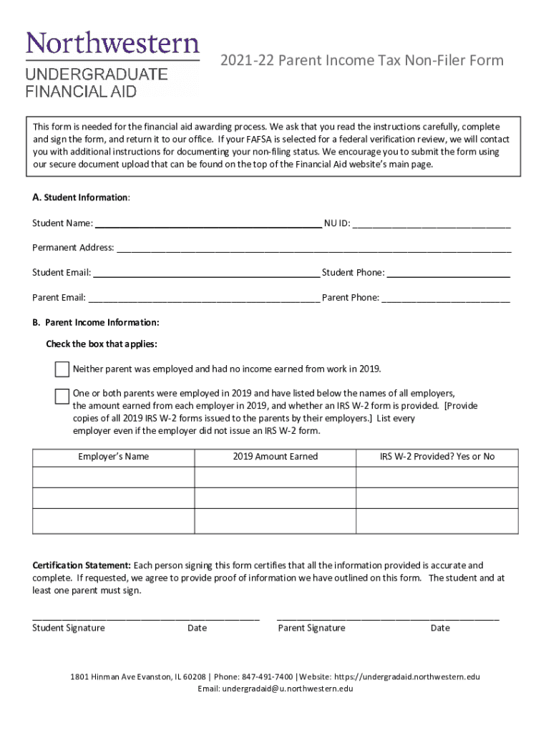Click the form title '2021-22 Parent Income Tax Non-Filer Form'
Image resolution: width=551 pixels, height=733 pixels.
point(361,60)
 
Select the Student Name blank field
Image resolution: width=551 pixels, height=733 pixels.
point(208,223)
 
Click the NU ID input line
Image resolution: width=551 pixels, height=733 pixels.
point(431,223)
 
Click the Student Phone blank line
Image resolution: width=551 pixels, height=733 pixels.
point(448,273)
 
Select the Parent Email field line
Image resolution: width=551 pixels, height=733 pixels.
point(204,298)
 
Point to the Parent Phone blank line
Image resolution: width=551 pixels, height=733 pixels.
point(446,298)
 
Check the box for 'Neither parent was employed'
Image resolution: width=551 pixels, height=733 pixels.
point(62,369)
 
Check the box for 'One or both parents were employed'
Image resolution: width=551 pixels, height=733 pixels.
point(62,396)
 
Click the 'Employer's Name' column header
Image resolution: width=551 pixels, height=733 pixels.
point(114,457)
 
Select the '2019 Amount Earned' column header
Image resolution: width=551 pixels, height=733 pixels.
point(275,457)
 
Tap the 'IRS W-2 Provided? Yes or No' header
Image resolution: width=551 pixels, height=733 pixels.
point(437,457)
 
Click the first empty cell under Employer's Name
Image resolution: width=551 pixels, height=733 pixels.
point(114,477)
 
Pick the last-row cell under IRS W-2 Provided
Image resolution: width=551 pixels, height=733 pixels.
point(437,520)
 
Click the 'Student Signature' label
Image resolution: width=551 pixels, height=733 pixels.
point(69,628)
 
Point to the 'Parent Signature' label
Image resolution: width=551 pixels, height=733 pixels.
point(311,628)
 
